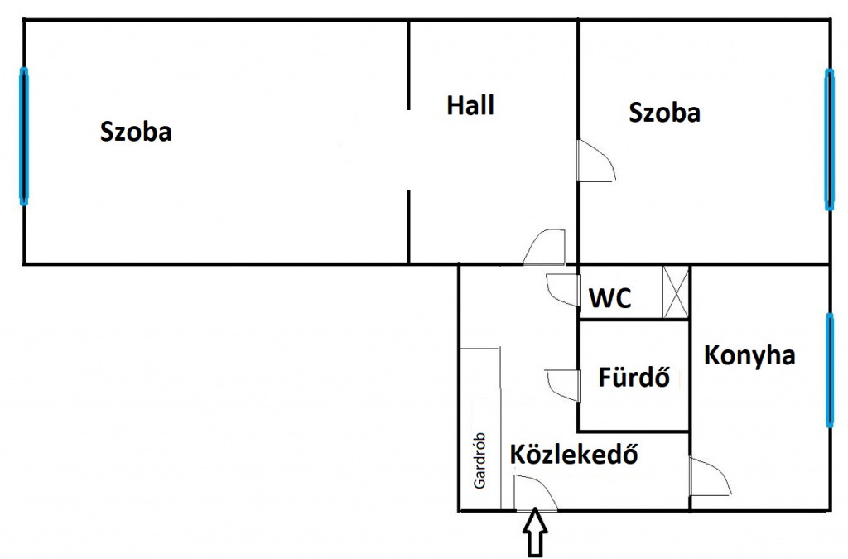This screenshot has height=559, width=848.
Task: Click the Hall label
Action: point(470,105)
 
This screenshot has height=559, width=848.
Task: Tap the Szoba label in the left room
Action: point(136,132)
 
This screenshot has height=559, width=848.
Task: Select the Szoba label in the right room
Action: point(664,113)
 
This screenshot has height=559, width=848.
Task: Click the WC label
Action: point(609,298)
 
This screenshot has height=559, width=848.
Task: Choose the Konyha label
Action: point(749,356)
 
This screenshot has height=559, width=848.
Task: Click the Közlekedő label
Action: point(574,454)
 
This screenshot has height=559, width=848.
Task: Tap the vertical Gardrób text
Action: point(479,460)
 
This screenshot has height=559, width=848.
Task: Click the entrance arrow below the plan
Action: point(535,532)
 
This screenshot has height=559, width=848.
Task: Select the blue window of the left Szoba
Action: point(24,137)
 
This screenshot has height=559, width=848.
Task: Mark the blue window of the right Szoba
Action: point(828,139)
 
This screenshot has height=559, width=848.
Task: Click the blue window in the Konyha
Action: point(829,371)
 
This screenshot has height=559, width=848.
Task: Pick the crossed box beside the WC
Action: point(676,292)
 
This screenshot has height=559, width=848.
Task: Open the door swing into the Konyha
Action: point(710,477)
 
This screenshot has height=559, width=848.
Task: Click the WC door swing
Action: point(562,291)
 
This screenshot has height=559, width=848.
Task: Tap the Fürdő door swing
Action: point(562,385)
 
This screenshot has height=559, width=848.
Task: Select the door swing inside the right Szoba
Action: point(596,161)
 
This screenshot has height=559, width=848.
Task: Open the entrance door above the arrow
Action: point(536,493)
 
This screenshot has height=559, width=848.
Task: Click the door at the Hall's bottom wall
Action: point(545,247)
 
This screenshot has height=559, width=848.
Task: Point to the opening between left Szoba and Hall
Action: point(409,150)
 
